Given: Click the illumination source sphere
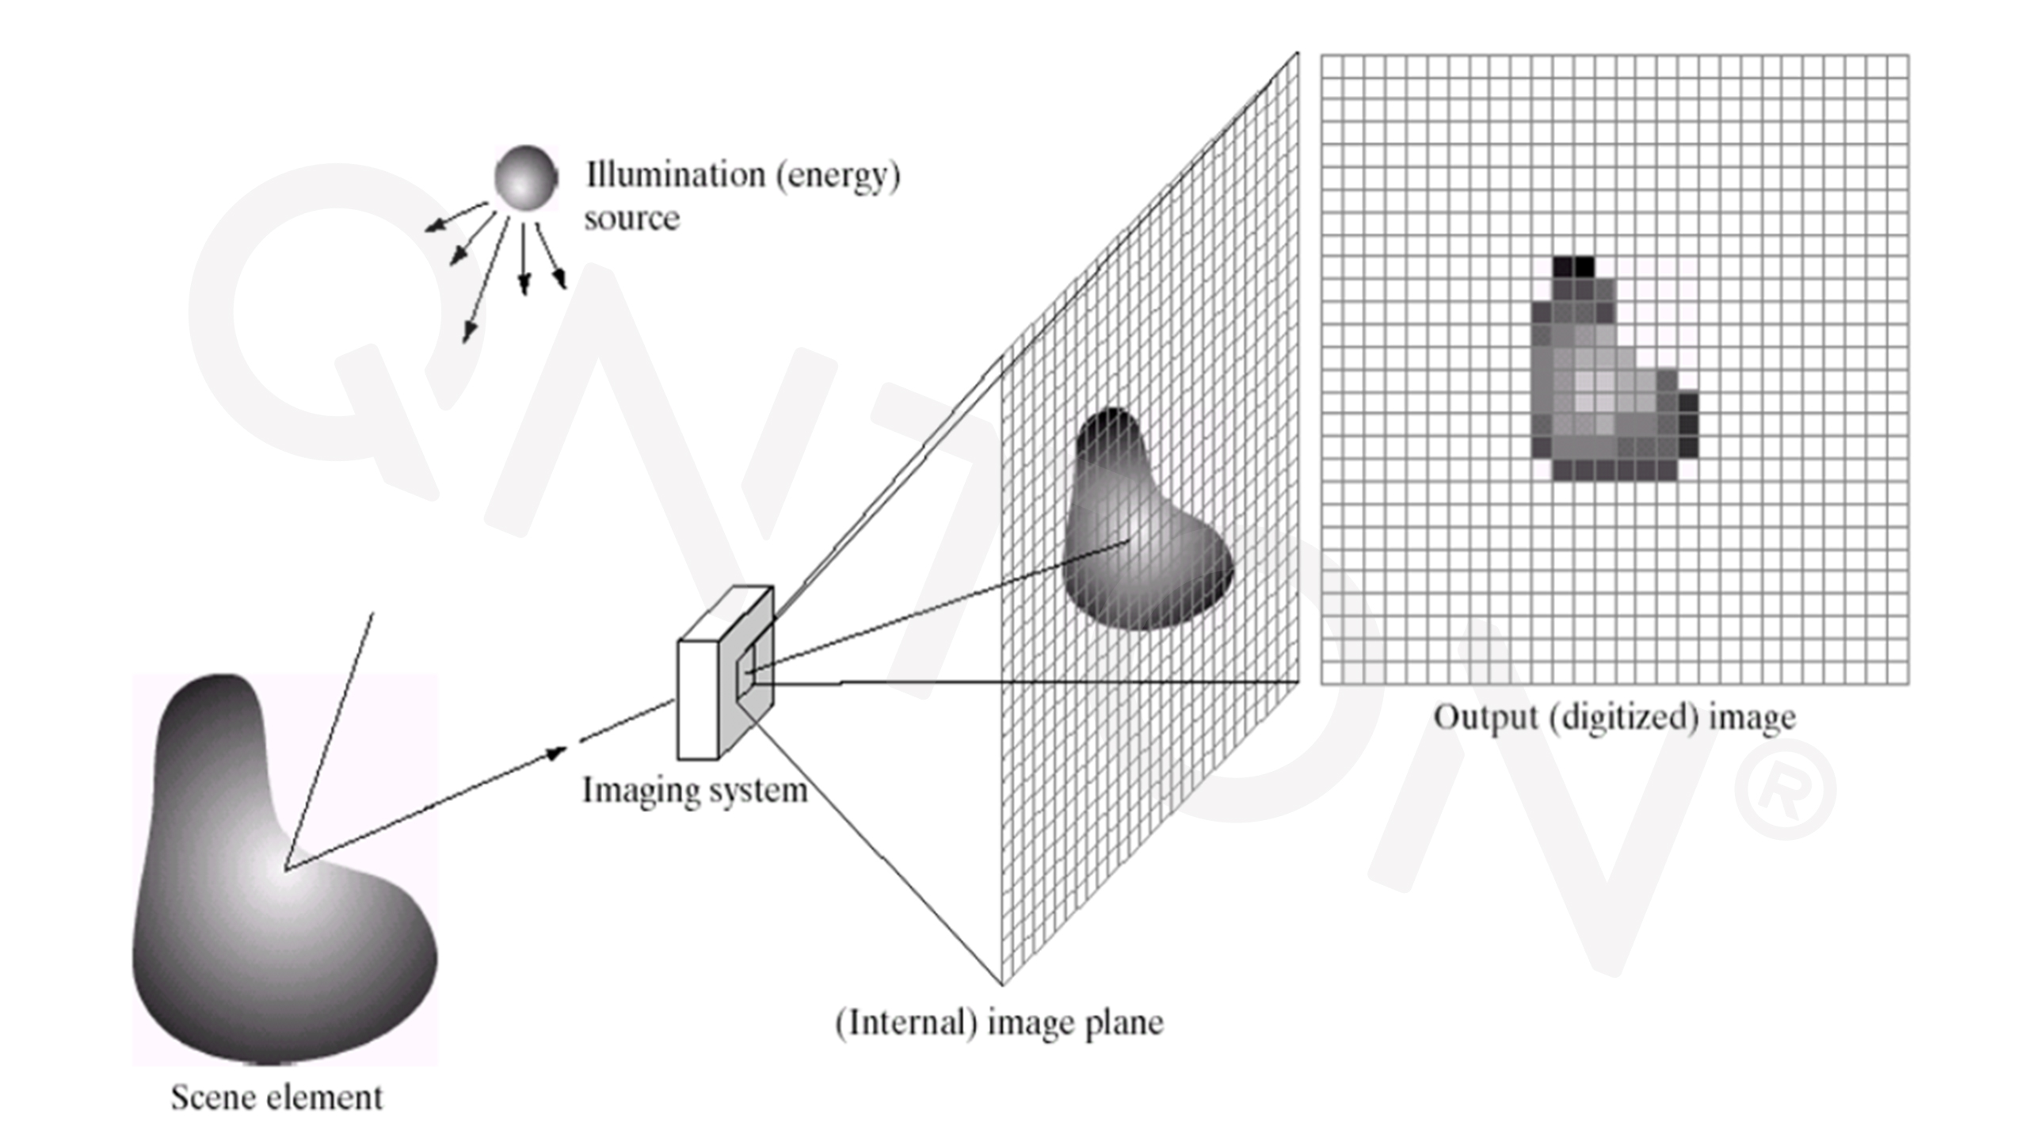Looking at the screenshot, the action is click(525, 177).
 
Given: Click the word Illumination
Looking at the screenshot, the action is click(674, 174).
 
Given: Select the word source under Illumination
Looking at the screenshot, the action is click(631, 218).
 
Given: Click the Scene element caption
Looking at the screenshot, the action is click(276, 1097).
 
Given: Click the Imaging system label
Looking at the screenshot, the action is click(695, 791).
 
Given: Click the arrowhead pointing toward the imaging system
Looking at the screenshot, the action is click(557, 753).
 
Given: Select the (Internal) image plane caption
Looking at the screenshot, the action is click(999, 1023).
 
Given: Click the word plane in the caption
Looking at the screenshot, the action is click(1119, 1024).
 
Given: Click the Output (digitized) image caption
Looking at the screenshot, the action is click(1614, 718).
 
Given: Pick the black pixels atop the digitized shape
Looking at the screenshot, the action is click(1572, 266).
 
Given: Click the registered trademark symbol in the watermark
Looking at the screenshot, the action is click(1785, 790).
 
